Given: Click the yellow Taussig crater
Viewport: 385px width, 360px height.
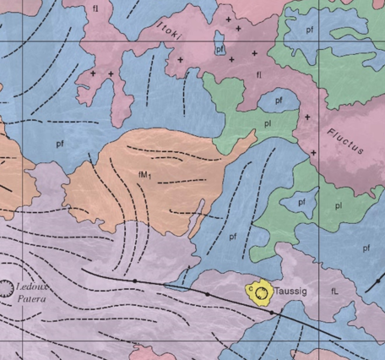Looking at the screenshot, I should (262, 292).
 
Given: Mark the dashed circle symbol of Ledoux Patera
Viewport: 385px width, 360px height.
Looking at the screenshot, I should (7, 289).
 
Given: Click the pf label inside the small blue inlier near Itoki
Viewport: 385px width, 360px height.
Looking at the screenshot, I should (220, 50).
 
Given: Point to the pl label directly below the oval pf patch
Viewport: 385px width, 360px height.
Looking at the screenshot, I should (266, 123).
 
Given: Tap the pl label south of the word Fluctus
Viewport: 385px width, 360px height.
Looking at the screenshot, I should (338, 205).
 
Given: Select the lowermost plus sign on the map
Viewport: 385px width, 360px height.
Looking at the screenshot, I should (313, 152).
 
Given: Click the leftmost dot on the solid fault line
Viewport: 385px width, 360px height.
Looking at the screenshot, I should (134, 281).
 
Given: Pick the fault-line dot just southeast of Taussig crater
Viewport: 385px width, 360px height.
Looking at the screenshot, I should (271, 312).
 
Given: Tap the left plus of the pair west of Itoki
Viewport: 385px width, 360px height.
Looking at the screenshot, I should (94, 74).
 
